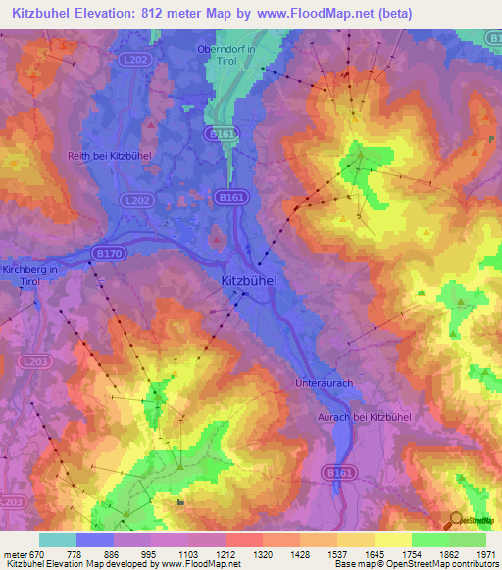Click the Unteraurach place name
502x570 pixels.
pyautogui.click(x=323, y=383)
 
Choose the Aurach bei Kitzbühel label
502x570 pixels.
pyautogui.click(x=363, y=418)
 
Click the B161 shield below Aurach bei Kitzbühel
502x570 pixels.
pyautogui.click(x=338, y=473)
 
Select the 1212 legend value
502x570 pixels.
pyautogui.click(x=226, y=553)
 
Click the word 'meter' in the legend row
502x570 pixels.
pyautogui.click(x=14, y=553)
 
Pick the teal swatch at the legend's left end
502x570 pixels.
pyautogui.click(x=58, y=540)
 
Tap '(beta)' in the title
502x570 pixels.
pyautogui.click(x=389, y=14)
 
